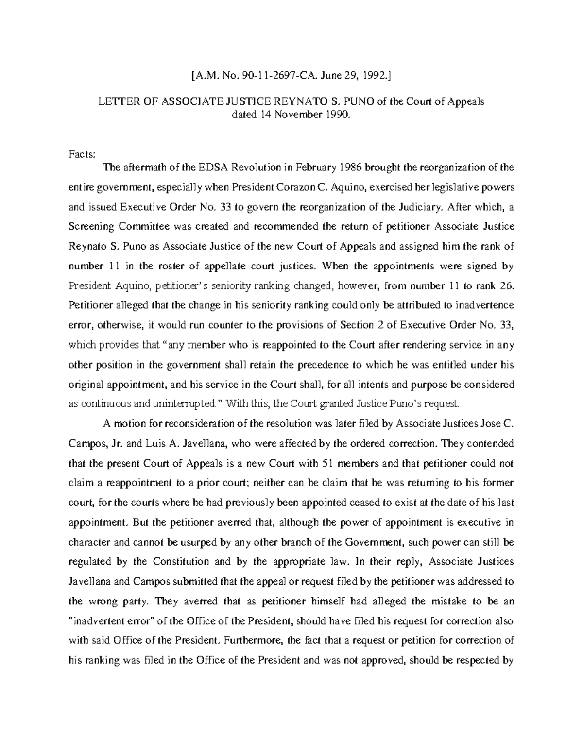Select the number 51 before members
[329, 463]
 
